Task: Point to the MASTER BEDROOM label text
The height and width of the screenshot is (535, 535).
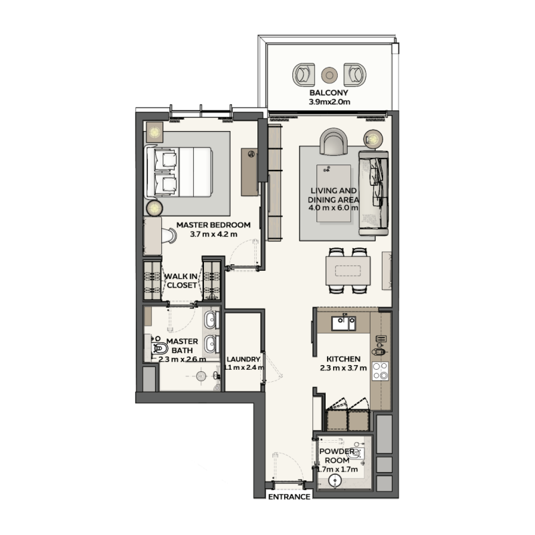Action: coord(213,225)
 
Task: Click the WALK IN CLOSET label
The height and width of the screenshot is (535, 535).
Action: coord(182,280)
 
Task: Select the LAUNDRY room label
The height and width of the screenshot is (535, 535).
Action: coord(243,358)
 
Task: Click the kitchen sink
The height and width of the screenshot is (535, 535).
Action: coord(346,324)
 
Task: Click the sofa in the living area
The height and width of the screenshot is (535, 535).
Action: coord(374,193)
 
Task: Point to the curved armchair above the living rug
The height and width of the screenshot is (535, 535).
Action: coord(333,141)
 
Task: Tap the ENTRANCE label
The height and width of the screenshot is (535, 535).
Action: coord(289,498)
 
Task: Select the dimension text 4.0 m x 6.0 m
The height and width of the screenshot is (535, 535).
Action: coord(334,208)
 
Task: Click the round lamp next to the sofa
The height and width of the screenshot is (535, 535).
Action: coord(372,140)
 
